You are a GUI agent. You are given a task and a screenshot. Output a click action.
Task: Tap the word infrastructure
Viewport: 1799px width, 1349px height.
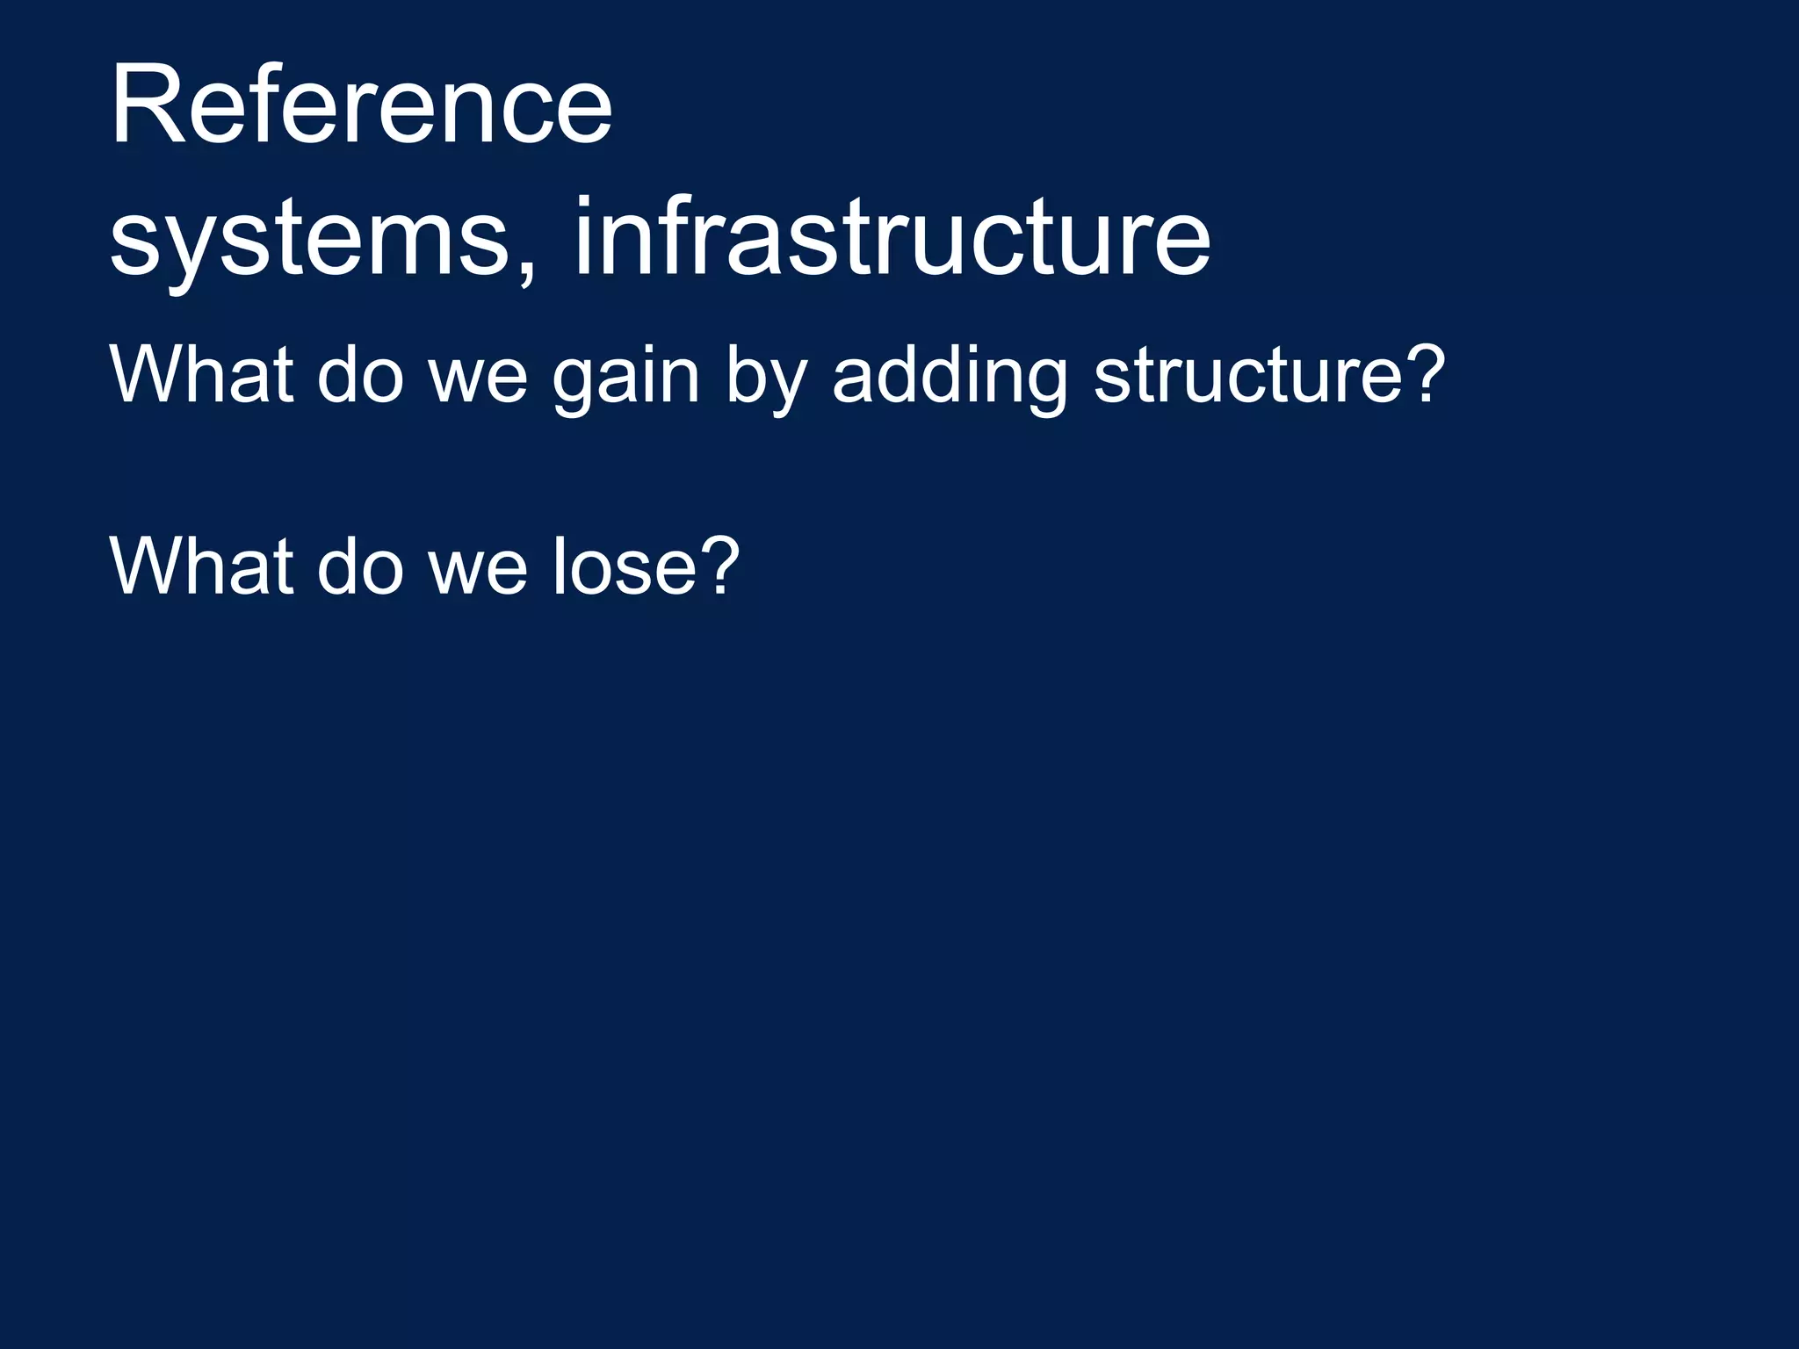892,235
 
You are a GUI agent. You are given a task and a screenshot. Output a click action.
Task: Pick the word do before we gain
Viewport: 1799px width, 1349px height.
360,376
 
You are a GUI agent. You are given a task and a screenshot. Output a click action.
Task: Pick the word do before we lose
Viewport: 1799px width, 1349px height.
360,566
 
